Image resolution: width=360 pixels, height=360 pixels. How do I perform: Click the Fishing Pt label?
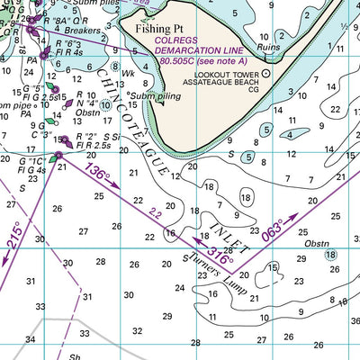(160, 28)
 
